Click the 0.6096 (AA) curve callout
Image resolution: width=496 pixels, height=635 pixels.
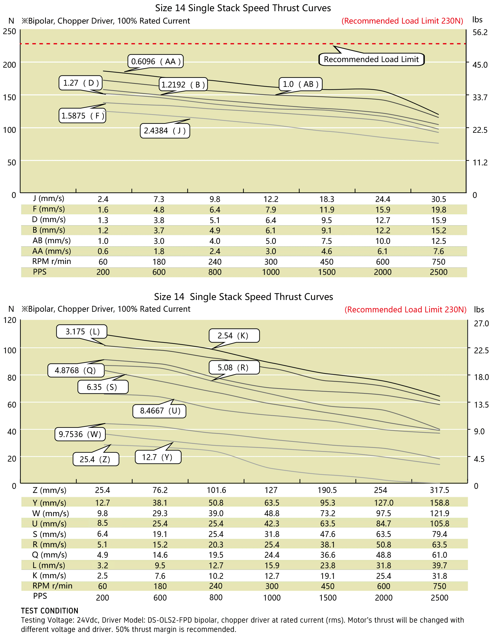click(x=156, y=61)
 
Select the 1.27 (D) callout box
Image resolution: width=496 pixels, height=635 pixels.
click(x=81, y=83)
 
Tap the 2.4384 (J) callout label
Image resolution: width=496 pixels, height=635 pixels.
click(x=165, y=131)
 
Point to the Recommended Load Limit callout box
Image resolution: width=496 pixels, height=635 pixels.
click(x=371, y=59)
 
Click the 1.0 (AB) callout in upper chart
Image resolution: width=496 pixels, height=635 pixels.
click(x=301, y=84)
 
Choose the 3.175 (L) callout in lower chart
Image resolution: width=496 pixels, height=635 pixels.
click(x=82, y=332)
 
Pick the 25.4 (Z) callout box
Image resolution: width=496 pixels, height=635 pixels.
click(x=95, y=459)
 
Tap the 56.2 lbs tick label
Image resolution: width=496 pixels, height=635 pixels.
click(x=480, y=32)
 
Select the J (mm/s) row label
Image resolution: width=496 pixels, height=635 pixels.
click(x=49, y=199)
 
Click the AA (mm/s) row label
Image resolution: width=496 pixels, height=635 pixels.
click(x=51, y=251)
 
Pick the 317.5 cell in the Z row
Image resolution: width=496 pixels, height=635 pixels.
click(x=439, y=490)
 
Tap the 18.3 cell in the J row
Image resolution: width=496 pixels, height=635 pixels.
click(x=327, y=199)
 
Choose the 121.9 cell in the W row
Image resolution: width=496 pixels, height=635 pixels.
click(x=439, y=513)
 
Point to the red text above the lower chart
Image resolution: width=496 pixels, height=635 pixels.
click(x=405, y=310)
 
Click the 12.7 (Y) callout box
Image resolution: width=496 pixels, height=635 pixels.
click(x=157, y=457)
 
